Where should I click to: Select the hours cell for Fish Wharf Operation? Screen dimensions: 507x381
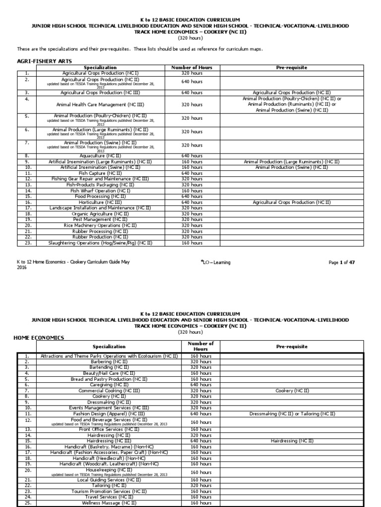pyautogui.click(x=191, y=191)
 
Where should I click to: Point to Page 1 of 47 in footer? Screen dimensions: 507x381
pyautogui.click(x=341, y=262)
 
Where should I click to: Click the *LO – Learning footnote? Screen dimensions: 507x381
pyautogui.click(x=216, y=262)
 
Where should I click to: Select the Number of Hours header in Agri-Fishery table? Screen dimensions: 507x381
pyautogui.click(x=191, y=67)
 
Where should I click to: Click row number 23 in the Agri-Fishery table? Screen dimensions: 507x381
pyautogui.click(x=28, y=243)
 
